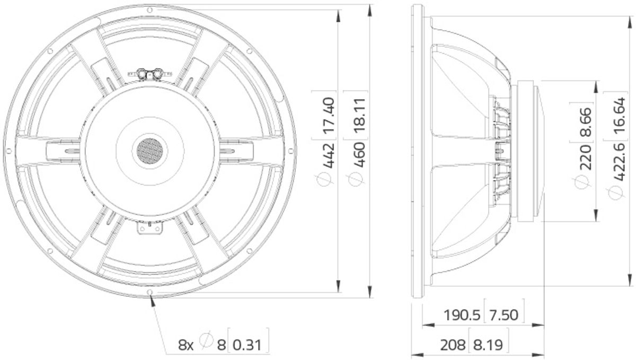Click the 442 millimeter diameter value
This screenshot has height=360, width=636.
tap(329, 155)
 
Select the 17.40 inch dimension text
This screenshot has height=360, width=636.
tap(329, 116)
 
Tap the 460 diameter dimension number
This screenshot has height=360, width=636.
tap(360, 155)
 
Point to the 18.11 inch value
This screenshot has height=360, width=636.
tap(360, 116)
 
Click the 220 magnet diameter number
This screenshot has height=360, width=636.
tap(586, 157)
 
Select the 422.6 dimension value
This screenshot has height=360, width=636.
tap(619, 162)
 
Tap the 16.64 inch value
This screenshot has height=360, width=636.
tap(619, 116)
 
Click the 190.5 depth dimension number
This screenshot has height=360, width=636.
tap(462, 315)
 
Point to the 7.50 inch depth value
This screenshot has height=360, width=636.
tap(503, 315)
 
